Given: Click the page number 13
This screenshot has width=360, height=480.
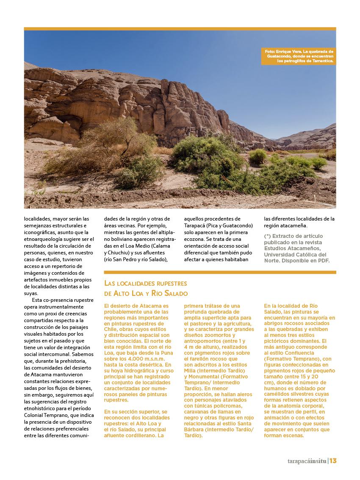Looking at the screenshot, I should pyautogui.click(x=332, y=461).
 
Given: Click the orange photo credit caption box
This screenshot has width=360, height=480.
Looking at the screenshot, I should pyautogui.click(x=299, y=56).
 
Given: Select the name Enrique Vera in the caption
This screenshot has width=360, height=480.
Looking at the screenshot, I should pyautogui.click(x=288, y=51).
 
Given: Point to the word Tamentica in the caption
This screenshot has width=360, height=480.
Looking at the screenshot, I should pyautogui.click(x=322, y=61).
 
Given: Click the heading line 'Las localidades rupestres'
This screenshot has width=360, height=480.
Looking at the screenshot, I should pyautogui.click(x=145, y=283).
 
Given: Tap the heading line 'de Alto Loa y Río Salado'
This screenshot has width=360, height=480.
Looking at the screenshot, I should pyautogui.click(x=146, y=293).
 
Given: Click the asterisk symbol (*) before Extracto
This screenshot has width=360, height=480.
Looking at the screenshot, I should pyautogui.click(x=267, y=236).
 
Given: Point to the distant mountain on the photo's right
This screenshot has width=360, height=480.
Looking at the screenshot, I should pyautogui.click(x=309, y=135).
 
